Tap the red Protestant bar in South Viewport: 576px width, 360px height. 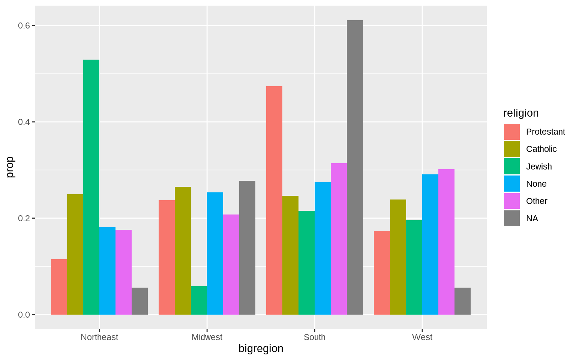point(274,200)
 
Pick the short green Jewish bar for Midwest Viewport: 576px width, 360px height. point(199,300)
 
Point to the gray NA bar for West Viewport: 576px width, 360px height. point(462,301)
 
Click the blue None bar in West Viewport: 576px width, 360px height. point(430,244)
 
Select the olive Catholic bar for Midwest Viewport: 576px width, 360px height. point(183,250)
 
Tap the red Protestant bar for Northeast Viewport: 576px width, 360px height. point(59,287)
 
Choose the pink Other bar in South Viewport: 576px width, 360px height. point(339,239)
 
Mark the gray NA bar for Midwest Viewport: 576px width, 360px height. point(247,247)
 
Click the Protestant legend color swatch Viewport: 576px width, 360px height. point(512,132)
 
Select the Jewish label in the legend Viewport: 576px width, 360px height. point(539,166)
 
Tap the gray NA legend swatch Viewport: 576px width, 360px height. point(512,218)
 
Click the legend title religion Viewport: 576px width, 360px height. point(521,113)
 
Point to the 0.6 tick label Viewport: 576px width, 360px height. point(24,25)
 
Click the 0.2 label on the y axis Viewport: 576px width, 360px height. point(24,218)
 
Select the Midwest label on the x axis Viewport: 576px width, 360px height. point(207,337)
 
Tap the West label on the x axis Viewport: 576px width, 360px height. point(422,337)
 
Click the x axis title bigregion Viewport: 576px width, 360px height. point(261,349)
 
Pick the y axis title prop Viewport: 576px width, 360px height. point(10,167)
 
